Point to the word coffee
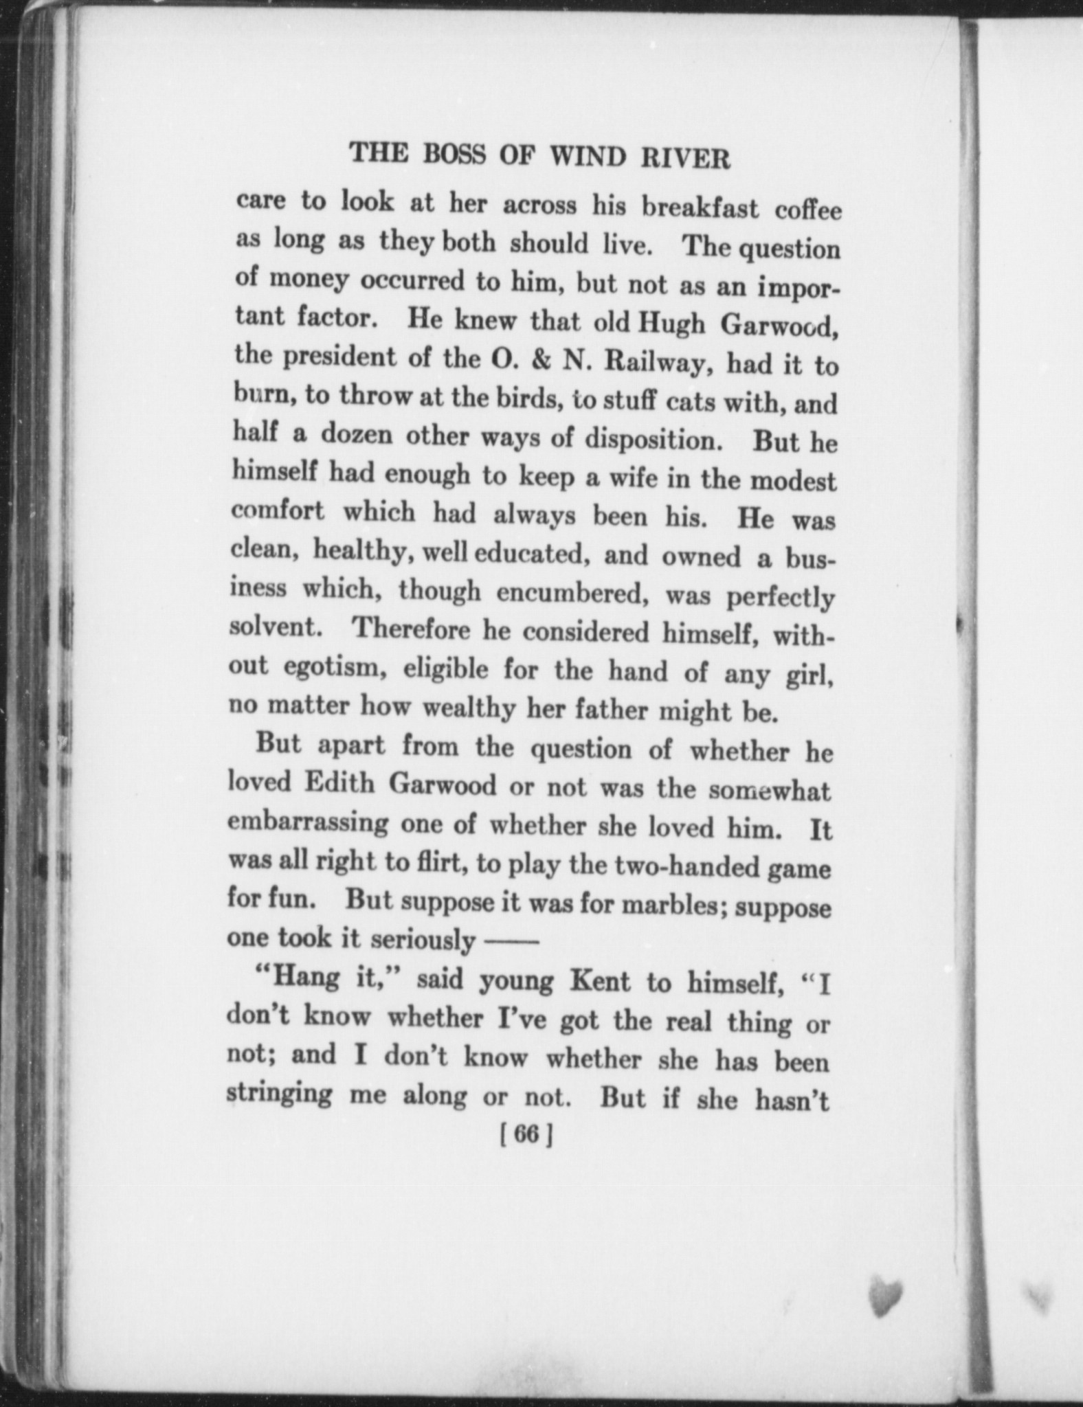click(x=808, y=210)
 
